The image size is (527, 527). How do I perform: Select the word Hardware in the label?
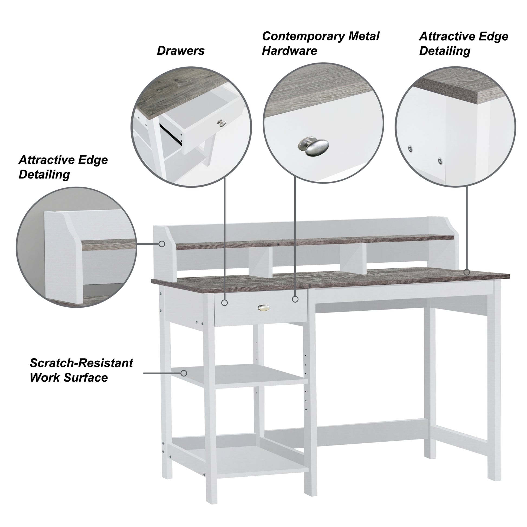[289, 51]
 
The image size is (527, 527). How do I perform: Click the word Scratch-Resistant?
[81, 363]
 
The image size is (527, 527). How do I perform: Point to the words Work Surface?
[69, 378]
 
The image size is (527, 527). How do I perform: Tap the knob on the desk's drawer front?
[263, 308]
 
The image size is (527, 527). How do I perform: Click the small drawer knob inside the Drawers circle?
[222, 123]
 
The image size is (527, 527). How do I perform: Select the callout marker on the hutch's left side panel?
[162, 244]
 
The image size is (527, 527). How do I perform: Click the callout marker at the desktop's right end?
[467, 272]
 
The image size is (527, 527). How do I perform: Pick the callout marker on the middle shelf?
[184, 373]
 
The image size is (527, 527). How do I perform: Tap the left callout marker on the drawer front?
[224, 302]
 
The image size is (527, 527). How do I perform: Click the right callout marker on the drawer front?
[295, 299]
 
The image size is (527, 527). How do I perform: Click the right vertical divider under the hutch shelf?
[353, 259]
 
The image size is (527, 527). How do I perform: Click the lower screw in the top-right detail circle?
[440, 161]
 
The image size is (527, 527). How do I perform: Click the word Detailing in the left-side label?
[44, 175]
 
